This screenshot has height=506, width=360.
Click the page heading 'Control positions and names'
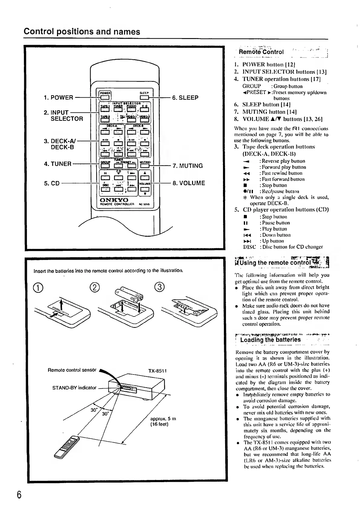click(x=82, y=32)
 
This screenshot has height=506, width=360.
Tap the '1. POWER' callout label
click(x=58, y=98)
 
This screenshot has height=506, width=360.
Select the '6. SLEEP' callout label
click(x=185, y=98)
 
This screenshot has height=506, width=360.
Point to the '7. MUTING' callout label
click(x=188, y=166)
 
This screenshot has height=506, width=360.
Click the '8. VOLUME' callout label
click(x=189, y=183)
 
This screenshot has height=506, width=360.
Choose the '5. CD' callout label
click(x=52, y=183)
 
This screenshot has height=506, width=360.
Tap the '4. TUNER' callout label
click(x=57, y=164)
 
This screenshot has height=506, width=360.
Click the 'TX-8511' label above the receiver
click(x=158, y=371)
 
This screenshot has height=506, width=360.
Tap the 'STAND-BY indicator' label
click(x=74, y=388)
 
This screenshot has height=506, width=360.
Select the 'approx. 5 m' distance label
click(x=163, y=419)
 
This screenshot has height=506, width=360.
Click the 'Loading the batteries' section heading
click(x=270, y=339)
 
